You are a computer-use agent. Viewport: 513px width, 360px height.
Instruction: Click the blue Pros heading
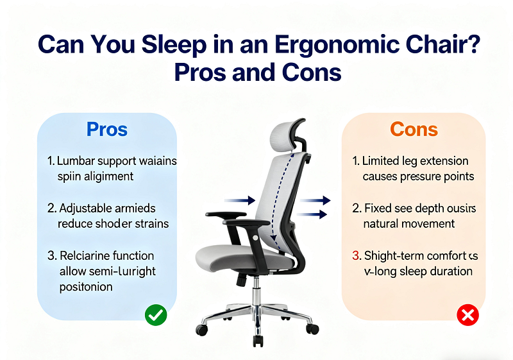coord(107,129)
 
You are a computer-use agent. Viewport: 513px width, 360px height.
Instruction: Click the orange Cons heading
coord(414,129)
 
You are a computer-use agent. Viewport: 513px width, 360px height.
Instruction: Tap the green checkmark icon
coord(156,315)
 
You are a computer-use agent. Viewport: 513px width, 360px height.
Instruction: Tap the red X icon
coord(468,315)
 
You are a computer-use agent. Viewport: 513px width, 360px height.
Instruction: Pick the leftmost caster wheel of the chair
coord(202,330)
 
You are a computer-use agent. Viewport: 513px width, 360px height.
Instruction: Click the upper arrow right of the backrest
coord(317,201)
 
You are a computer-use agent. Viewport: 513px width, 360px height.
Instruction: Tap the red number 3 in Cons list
coord(357,255)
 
